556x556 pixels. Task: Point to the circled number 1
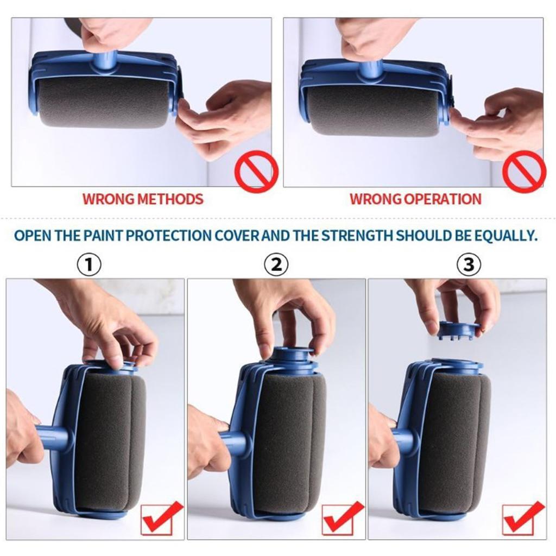point(90,265)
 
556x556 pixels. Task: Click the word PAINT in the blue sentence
point(110,236)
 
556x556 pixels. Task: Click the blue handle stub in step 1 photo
point(54,438)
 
